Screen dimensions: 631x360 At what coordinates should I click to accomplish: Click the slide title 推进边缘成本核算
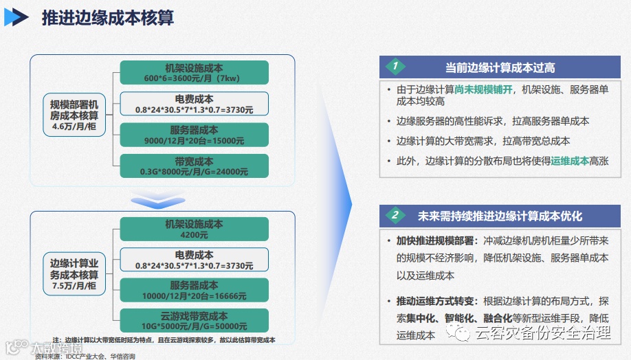(107, 17)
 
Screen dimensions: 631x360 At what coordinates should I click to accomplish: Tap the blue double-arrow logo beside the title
(16, 17)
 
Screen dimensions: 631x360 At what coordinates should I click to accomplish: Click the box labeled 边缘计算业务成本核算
(74, 273)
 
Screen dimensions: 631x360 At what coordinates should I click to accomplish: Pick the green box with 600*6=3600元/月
(194, 73)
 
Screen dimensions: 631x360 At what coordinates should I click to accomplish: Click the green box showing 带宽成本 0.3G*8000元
(194, 166)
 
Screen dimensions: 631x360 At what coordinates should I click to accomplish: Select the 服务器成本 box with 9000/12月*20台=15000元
(194, 135)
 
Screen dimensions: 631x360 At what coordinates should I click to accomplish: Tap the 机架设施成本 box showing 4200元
(194, 228)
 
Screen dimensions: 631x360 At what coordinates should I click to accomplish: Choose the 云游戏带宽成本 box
(194, 321)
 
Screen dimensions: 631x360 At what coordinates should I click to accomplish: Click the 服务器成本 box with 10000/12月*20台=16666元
(194, 290)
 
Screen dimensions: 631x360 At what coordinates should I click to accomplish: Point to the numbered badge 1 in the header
(395, 67)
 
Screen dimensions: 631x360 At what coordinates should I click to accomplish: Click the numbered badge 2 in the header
(395, 215)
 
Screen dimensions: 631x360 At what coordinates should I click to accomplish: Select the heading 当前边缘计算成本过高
(500, 67)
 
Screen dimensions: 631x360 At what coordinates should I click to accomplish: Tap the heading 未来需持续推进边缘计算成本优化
(500, 216)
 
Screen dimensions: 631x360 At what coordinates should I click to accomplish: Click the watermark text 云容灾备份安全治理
(543, 334)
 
